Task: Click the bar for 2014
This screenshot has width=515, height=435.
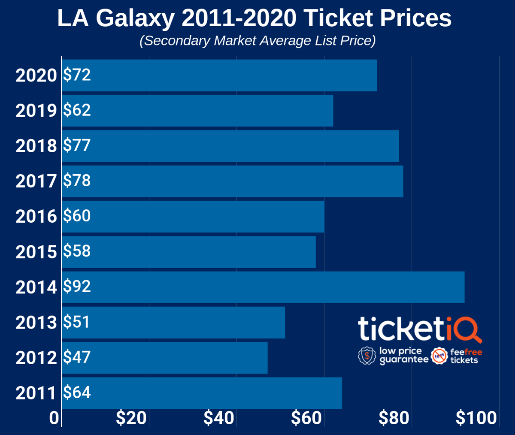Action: tap(263, 287)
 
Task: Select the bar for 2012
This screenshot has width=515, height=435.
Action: tap(164, 357)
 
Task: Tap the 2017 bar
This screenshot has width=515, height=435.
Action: tap(232, 181)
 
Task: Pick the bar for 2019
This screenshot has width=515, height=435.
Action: tap(197, 111)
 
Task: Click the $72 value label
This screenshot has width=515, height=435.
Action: tap(77, 75)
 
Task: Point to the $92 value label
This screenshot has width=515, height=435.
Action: tap(77, 286)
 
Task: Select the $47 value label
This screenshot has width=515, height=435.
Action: tap(77, 357)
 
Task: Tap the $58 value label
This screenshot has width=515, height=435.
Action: tap(77, 251)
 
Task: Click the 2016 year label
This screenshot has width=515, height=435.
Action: tap(36, 216)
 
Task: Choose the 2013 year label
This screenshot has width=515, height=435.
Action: tap(36, 322)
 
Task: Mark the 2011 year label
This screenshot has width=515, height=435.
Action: tap(36, 393)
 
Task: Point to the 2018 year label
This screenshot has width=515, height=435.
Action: tap(36, 146)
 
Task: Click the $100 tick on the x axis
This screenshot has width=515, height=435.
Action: tap(476, 418)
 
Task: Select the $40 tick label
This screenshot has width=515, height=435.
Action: tap(219, 418)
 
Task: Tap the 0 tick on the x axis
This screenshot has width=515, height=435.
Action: tap(54, 418)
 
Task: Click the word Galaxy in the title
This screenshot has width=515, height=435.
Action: tap(135, 18)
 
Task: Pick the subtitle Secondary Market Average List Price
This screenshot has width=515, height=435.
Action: tap(257, 41)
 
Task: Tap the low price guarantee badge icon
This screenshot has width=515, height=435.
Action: tap(367, 356)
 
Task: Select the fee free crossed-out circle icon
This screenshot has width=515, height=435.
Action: tap(439, 356)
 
